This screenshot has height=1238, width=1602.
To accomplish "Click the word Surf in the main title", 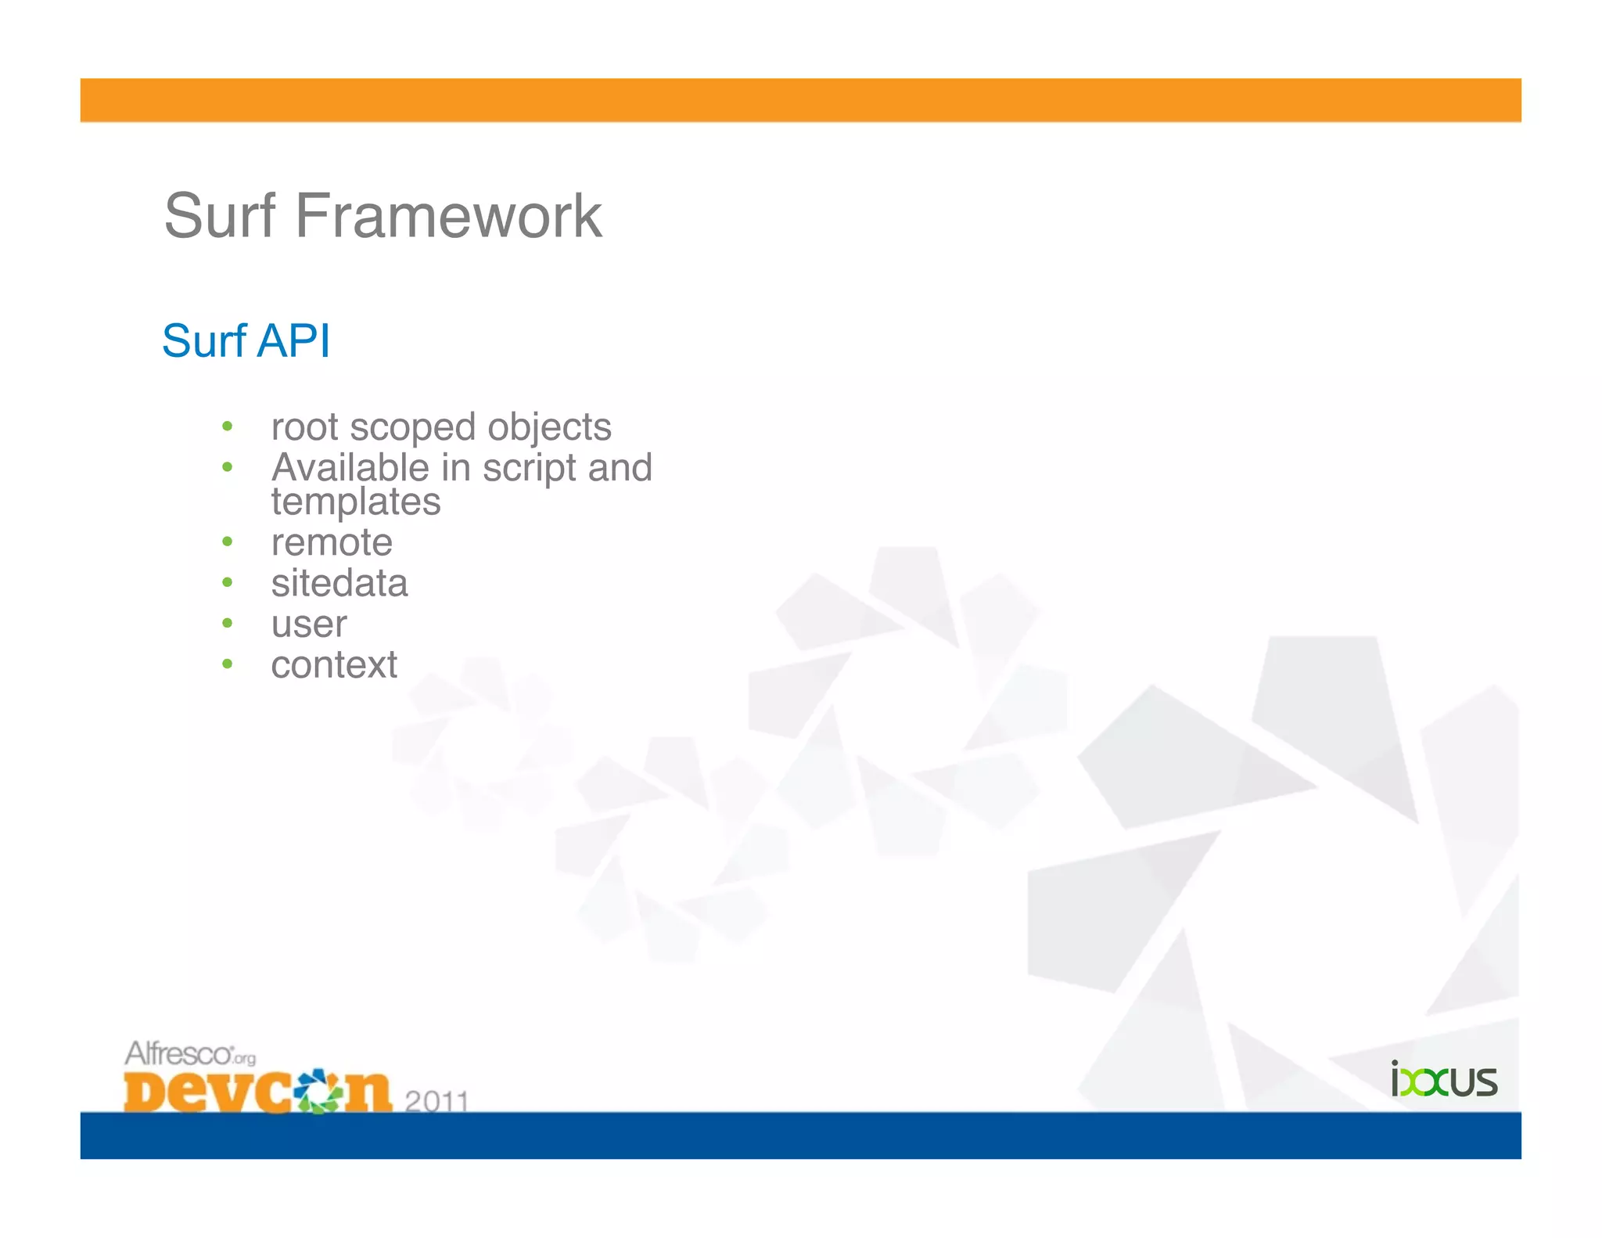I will [x=220, y=216].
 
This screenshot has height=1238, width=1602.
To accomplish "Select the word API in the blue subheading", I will [x=293, y=341].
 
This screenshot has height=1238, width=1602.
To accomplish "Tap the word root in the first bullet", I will [x=304, y=427].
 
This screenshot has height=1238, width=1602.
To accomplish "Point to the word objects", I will [x=549, y=427].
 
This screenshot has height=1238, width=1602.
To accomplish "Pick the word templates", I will [x=356, y=502].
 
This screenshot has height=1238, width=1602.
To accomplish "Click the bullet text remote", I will [x=332, y=542].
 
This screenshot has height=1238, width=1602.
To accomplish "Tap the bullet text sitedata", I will [x=339, y=583].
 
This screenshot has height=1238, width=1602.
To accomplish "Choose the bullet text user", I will [x=309, y=624].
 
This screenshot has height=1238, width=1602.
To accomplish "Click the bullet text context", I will [x=334, y=665].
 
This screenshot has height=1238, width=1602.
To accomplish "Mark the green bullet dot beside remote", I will [x=228, y=542].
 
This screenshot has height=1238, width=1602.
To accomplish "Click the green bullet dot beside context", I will [x=228, y=664].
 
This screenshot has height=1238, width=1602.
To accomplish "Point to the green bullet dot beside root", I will [x=228, y=426].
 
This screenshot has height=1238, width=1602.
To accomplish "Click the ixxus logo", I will [x=1444, y=1081].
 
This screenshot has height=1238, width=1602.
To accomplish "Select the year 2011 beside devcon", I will [x=436, y=1101].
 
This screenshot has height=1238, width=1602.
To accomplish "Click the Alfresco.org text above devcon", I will [x=190, y=1053].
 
